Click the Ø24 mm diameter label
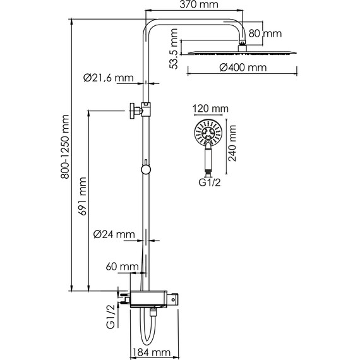pyautogui.click(x=114, y=234)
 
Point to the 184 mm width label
pyautogui.click(x=153, y=352)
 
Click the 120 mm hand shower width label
pyautogui.click(x=209, y=109)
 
